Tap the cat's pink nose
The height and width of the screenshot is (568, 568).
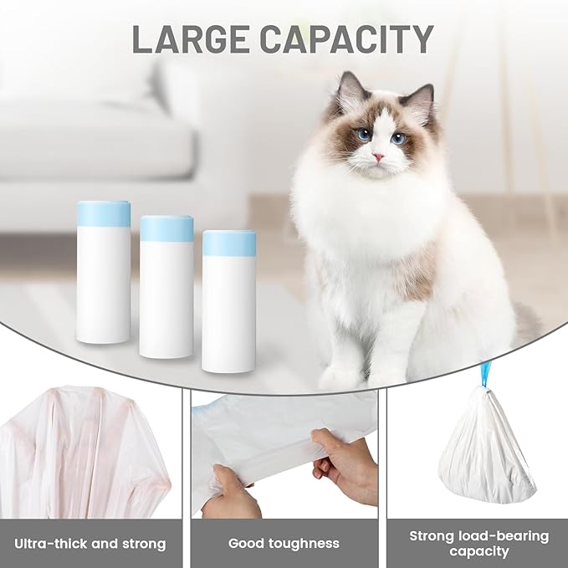[379, 156]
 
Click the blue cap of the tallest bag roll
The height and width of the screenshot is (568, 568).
[104, 214]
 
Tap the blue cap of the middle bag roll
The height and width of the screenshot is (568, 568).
[166, 228]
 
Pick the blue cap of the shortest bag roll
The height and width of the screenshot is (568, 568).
[229, 243]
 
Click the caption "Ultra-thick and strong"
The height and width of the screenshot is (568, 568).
[90, 544]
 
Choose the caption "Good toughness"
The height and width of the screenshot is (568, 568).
[284, 544]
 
